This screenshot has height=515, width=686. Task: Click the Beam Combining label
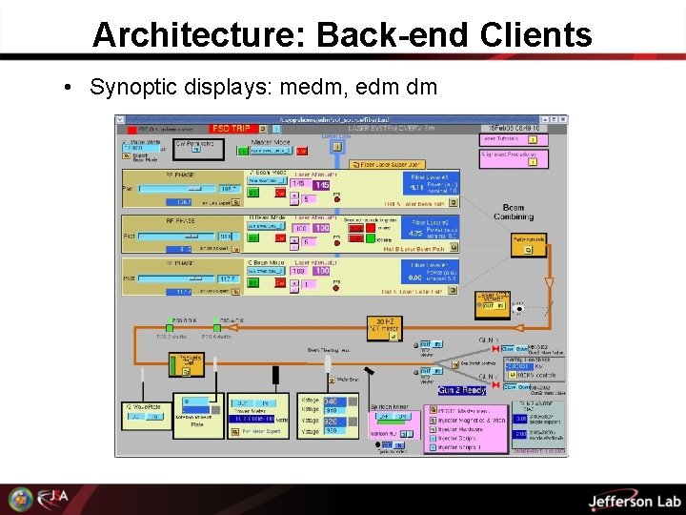click(x=513, y=212)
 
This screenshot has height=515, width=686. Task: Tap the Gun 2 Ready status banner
click(x=462, y=390)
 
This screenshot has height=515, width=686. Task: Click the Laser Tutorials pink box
click(x=510, y=138)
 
